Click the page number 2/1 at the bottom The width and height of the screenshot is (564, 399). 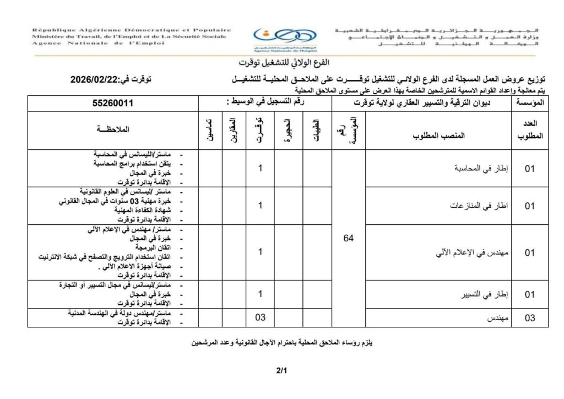(282, 371)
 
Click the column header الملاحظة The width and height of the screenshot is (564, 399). (112, 130)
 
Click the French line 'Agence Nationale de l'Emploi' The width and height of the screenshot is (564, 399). (88, 43)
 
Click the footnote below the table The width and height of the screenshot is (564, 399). (283, 343)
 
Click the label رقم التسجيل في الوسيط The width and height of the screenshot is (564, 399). (265, 103)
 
